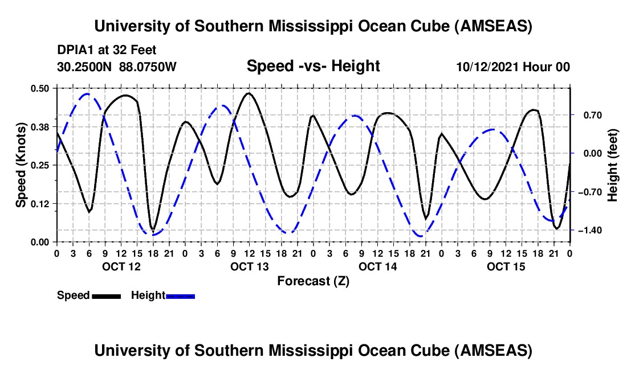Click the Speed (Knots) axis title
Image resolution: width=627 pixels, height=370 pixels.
pyautogui.click(x=21, y=165)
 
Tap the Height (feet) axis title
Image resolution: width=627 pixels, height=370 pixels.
pyautogui.click(x=614, y=165)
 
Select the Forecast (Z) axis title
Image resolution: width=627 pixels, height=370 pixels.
pyautogui.click(x=313, y=281)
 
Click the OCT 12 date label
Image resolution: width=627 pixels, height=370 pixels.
pyautogui.click(x=121, y=266)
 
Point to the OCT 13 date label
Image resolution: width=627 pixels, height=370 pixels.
pyautogui.click(x=249, y=266)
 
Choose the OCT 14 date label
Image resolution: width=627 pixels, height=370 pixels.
pyautogui.click(x=377, y=266)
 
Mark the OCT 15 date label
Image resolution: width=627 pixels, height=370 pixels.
pyautogui.click(x=506, y=266)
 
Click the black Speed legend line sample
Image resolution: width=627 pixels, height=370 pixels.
pyautogui.click(x=106, y=295)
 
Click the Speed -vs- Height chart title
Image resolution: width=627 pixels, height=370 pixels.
pyautogui.click(x=313, y=66)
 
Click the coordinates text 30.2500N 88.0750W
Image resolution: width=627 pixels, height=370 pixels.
pyautogui.click(x=117, y=67)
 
